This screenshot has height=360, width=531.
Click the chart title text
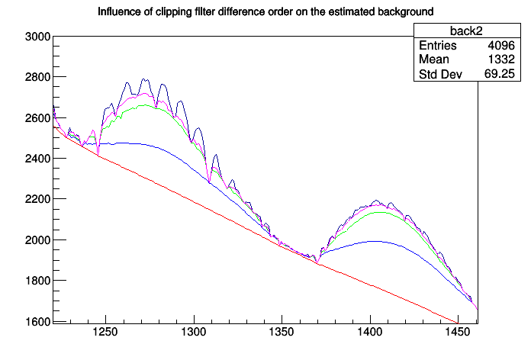click(x=265, y=12)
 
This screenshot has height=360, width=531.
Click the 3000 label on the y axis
click(x=37, y=37)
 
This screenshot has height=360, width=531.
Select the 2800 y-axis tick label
click(x=37, y=77)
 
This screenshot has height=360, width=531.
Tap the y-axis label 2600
click(x=37, y=118)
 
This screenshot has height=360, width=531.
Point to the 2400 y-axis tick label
click(x=37, y=159)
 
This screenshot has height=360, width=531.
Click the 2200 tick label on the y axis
click(x=37, y=199)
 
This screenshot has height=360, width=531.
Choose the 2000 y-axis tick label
click(x=37, y=240)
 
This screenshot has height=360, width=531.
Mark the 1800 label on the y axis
click(x=37, y=281)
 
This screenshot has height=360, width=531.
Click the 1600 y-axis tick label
click(x=37, y=321)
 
